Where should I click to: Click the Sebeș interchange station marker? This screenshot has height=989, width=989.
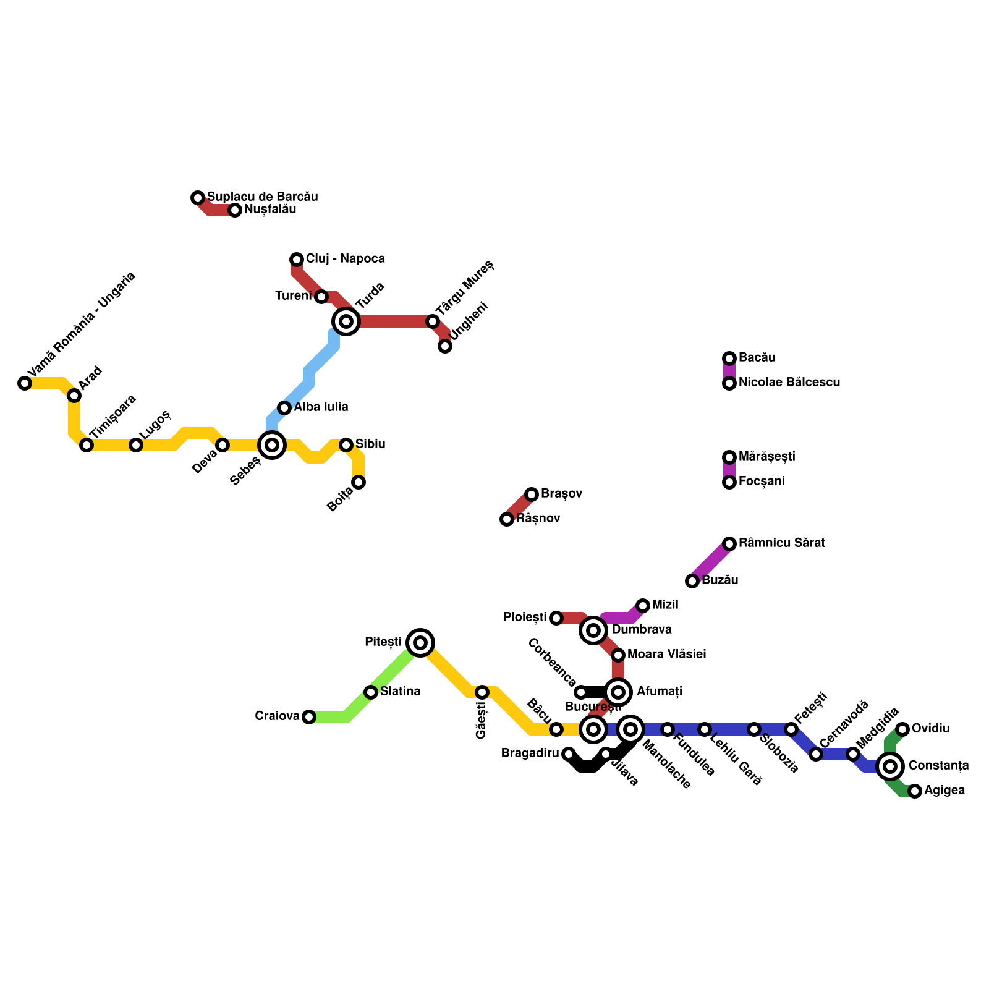pos(272,445)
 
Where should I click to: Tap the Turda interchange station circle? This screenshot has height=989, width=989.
pos(346,321)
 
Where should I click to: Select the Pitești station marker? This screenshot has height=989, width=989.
pos(420,643)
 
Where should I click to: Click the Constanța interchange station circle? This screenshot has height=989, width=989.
pos(890,766)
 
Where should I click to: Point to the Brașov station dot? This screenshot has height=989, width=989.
pos(532,494)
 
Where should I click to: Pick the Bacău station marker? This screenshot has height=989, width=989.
pos(729,359)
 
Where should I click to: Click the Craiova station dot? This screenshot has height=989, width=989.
pos(309,717)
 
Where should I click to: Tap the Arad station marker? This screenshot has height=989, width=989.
pos(74,396)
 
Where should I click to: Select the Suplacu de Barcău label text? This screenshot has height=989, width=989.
pos(262,197)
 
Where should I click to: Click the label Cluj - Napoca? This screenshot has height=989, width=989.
pos(345,259)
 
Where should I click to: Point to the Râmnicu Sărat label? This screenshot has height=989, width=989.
pos(781,543)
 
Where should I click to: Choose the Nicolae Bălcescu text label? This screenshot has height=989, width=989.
pos(789,383)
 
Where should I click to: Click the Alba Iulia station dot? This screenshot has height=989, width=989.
pos(284,408)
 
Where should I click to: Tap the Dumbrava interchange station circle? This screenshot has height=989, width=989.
pos(593,630)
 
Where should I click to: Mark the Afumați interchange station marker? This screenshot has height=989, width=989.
pos(618,692)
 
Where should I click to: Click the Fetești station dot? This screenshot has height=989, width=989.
pos(791,729)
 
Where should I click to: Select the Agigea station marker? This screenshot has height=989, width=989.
pos(915,791)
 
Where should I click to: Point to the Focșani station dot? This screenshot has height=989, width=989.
pos(729,482)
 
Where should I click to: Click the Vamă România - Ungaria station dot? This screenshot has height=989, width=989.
pos(25,383)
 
